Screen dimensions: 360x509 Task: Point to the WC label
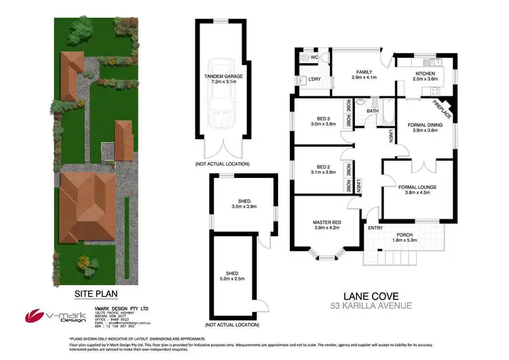pos(314,58)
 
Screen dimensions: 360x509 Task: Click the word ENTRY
pos(375,228)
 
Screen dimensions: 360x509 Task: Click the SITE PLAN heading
pos(96,295)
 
